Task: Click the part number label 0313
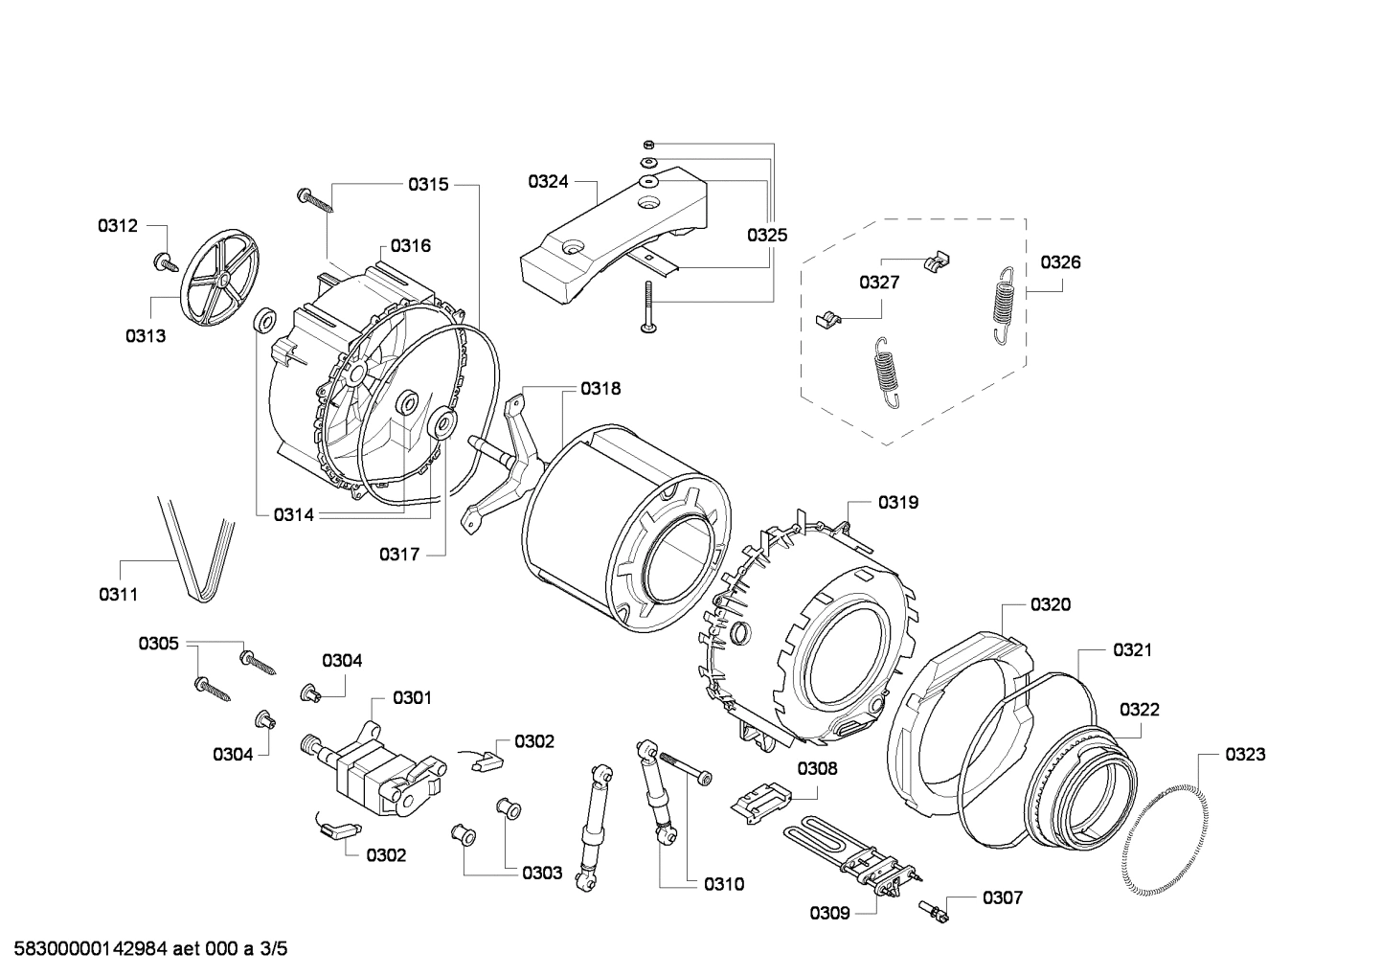pos(145,335)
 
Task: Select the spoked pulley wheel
pos(220,278)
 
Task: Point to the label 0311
pos(118,594)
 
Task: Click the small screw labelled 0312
pos(164,259)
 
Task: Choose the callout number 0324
pos(548,181)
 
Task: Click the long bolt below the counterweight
pos(648,307)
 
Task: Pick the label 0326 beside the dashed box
pos(1060,261)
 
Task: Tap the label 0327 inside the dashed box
pos(878,282)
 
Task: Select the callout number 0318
pos(600,388)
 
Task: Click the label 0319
pos(898,502)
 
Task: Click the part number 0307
pos(1002,897)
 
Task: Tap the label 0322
pos(1139,710)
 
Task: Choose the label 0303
pos(542,873)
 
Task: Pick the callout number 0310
pos(723,884)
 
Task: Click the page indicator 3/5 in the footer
pos(273,949)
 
